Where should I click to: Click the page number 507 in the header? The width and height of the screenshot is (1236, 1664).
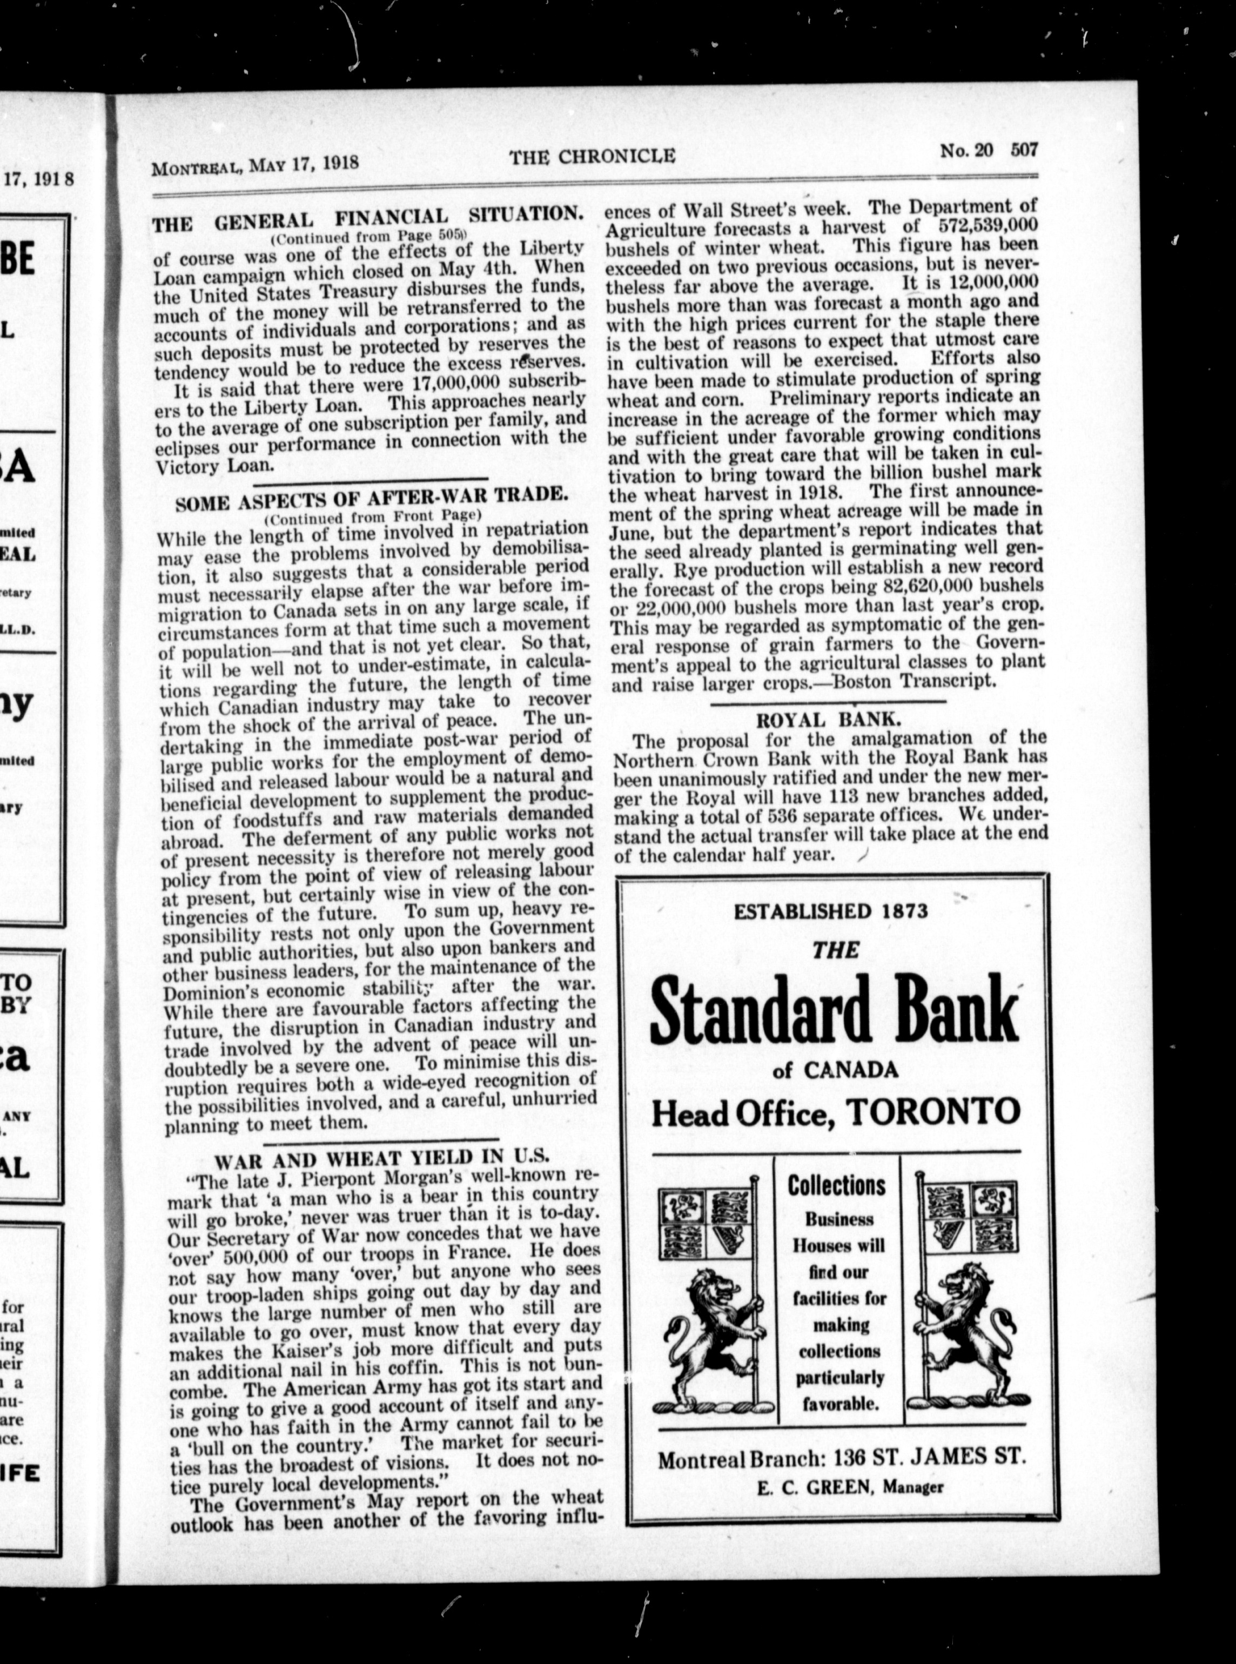pyautogui.click(x=1024, y=150)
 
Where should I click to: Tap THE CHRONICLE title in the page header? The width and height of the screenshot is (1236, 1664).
pyautogui.click(x=593, y=156)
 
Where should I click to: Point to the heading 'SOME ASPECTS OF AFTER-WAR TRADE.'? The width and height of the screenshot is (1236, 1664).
pyautogui.click(x=372, y=498)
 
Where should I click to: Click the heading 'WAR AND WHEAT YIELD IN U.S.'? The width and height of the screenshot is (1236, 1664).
pyautogui.click(x=382, y=1160)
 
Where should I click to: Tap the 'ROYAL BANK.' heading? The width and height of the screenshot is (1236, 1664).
pyautogui.click(x=828, y=720)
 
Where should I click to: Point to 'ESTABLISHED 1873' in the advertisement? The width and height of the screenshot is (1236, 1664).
pyautogui.click(x=830, y=911)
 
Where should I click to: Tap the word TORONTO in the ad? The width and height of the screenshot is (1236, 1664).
pyautogui.click(x=935, y=1112)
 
